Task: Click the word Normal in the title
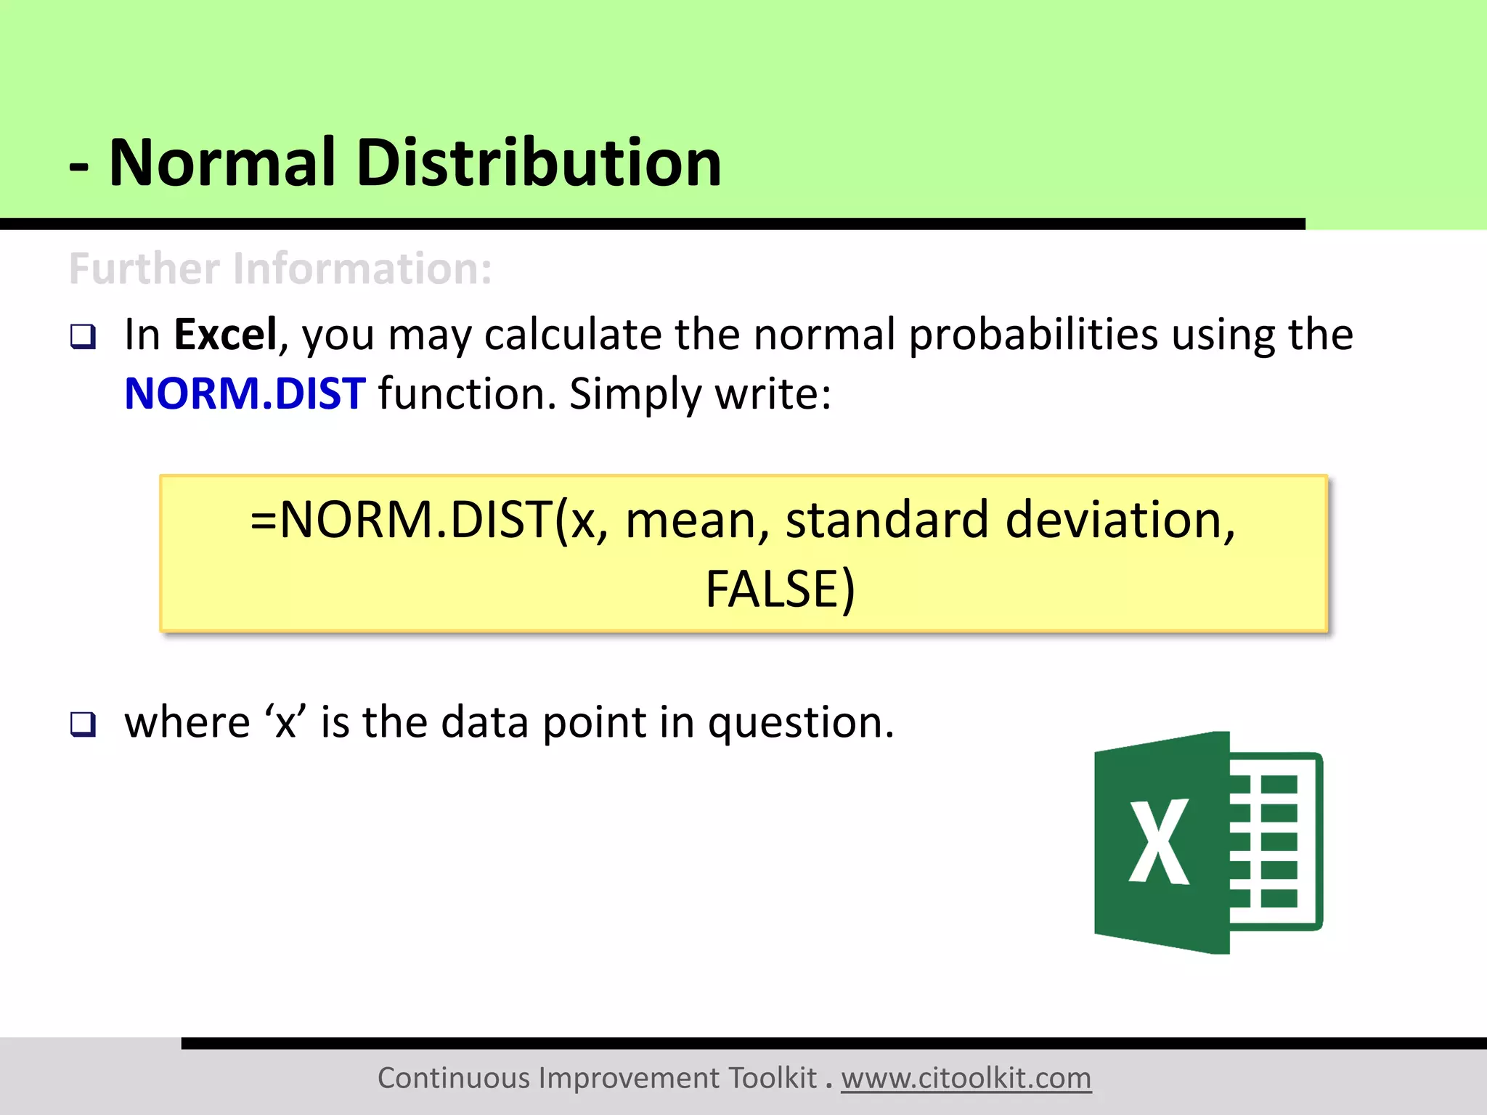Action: (x=222, y=163)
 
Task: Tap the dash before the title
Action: (x=78, y=167)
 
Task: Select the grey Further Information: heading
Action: (x=280, y=269)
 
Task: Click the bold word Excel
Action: (x=225, y=335)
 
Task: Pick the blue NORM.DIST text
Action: (x=245, y=394)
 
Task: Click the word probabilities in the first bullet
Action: (x=1033, y=336)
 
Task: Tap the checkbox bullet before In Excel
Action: (x=83, y=337)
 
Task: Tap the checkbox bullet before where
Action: (x=83, y=724)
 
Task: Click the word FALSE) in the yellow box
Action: (x=780, y=589)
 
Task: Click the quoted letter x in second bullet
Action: (x=285, y=723)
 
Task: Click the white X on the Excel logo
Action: (x=1159, y=842)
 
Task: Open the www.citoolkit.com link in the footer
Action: (x=966, y=1078)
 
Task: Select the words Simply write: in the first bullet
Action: (x=700, y=394)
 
